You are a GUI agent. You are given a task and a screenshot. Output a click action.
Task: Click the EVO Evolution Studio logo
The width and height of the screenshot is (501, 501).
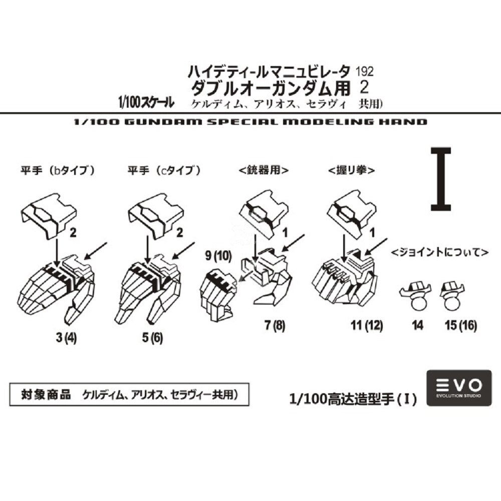[459, 388]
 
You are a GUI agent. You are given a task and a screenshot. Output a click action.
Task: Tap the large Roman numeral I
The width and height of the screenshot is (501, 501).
[441, 179]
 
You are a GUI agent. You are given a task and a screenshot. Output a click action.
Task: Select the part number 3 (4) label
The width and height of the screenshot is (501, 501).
[66, 338]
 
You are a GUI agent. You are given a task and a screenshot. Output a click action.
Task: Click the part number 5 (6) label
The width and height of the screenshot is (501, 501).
[152, 338]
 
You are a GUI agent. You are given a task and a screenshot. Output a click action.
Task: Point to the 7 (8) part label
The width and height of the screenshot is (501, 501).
[275, 326]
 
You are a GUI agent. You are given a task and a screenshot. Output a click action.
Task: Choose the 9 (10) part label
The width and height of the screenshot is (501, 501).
[218, 256]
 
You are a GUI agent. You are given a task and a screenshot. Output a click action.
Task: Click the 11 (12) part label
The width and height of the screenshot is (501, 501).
[367, 326]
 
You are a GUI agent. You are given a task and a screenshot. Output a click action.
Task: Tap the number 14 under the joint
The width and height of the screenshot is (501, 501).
[418, 326]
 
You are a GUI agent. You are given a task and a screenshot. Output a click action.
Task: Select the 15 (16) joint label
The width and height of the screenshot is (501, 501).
[461, 326]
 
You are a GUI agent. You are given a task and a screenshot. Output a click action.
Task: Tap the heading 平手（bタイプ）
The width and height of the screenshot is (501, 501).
[58, 170]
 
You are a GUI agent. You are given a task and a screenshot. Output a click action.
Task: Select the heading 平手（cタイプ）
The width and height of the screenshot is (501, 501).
[164, 170]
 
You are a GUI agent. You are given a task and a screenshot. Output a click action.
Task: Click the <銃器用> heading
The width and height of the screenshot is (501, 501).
[264, 170]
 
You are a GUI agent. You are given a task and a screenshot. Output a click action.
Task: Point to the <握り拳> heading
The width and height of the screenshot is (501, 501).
[352, 170]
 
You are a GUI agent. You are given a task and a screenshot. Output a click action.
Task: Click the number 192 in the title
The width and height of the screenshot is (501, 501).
[364, 72]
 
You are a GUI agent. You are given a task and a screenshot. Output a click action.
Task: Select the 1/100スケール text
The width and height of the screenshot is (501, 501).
[146, 103]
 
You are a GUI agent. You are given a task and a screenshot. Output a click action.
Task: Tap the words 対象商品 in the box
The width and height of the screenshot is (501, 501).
[46, 394]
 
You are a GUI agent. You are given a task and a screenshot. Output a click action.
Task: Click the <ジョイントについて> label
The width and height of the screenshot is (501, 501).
[440, 252]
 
